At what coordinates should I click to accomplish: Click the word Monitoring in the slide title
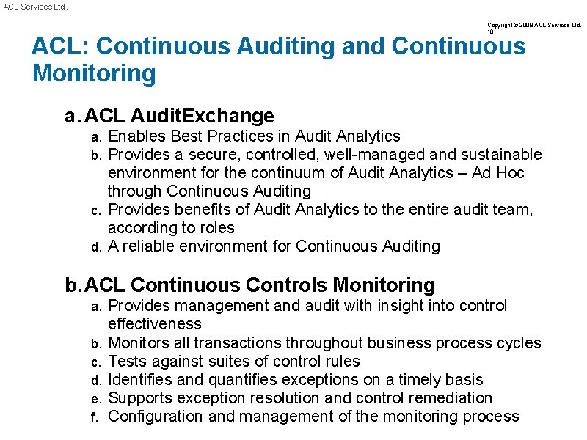pos(94,73)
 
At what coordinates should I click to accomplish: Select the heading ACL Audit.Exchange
pos(180,116)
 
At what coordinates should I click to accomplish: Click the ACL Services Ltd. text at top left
pos(34,7)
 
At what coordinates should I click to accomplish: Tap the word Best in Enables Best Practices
pos(186,136)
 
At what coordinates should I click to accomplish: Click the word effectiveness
pos(154,323)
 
